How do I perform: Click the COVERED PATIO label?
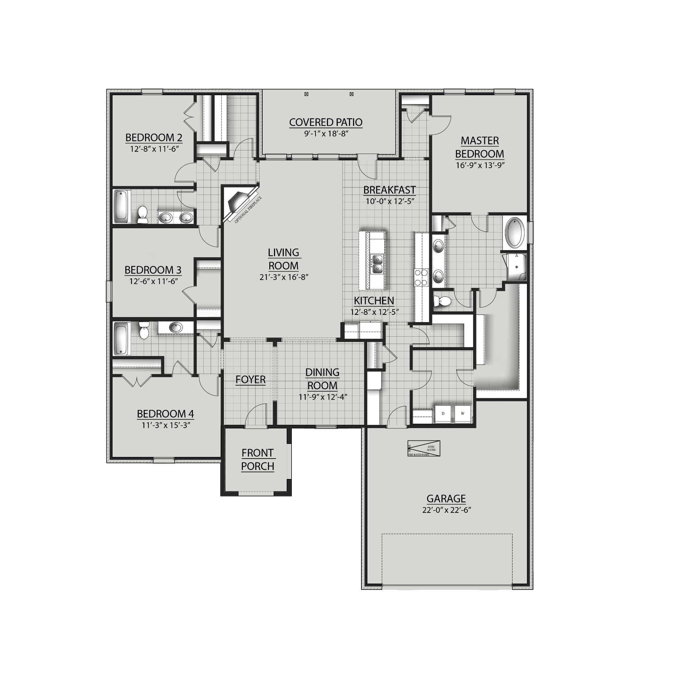(326, 123)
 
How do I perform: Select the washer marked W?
(462, 414)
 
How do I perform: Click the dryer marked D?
(443, 414)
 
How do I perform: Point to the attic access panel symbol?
(424, 449)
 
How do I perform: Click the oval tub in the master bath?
(514, 233)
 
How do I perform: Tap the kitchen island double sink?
(377, 265)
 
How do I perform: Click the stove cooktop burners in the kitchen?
(421, 277)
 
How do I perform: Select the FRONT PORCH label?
(258, 460)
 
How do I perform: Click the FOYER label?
(250, 380)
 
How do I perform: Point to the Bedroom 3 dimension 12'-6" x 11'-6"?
(153, 281)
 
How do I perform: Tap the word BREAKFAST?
(390, 190)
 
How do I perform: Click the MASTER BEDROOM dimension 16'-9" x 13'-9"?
(480, 165)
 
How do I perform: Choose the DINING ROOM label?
(323, 379)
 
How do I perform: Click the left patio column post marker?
(306, 94)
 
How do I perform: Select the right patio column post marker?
(351, 94)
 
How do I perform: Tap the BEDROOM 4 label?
(165, 414)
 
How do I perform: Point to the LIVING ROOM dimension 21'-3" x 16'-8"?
(284, 277)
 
